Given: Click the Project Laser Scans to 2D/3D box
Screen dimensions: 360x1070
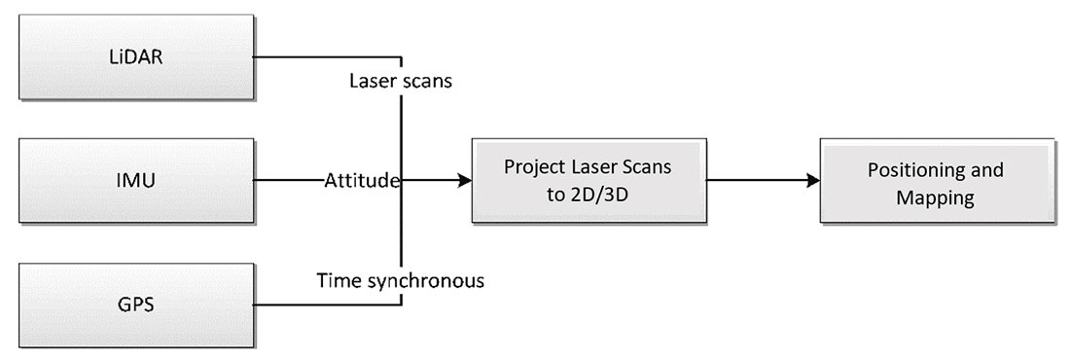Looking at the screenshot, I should (588, 180).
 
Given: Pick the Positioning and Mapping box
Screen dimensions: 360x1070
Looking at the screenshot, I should (935, 182).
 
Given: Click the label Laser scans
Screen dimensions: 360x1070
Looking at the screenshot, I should (400, 81).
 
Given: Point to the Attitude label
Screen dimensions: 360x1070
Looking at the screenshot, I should (363, 181).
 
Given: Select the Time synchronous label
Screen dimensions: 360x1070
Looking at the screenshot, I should (401, 282).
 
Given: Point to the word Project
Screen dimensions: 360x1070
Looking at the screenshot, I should (532, 167).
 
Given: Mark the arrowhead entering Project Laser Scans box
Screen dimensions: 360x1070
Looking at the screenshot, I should (464, 180).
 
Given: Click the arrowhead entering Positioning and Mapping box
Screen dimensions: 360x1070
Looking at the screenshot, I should (811, 180).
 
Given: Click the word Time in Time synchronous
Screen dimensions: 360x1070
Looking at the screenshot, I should (337, 282).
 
